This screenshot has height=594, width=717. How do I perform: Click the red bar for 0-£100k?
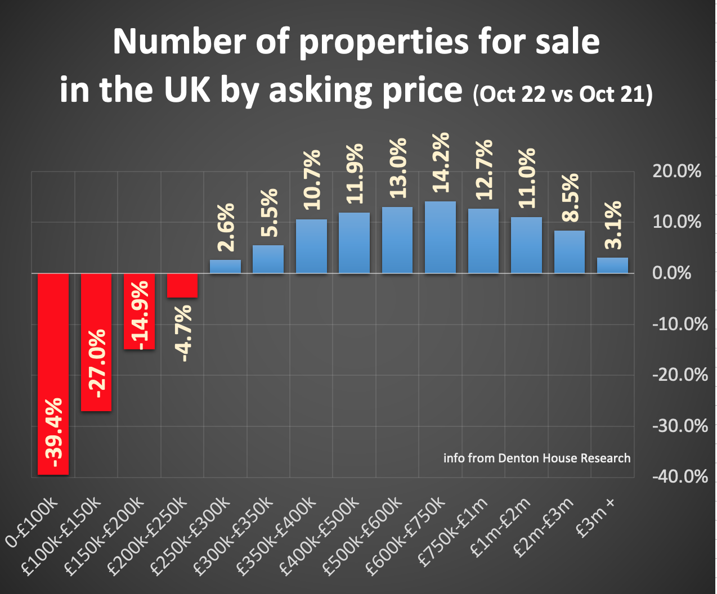coord(53,374)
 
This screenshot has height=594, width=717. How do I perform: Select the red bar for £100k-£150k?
coord(96,342)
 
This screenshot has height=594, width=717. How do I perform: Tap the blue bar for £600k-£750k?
coord(440,237)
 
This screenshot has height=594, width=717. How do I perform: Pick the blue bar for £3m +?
coord(612,265)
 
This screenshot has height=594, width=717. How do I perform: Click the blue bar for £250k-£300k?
coord(225,267)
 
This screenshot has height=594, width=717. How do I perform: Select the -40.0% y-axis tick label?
coord(679,477)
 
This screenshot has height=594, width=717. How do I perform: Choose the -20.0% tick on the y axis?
coord(679,375)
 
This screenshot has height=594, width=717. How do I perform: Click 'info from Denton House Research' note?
coord(537,458)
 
